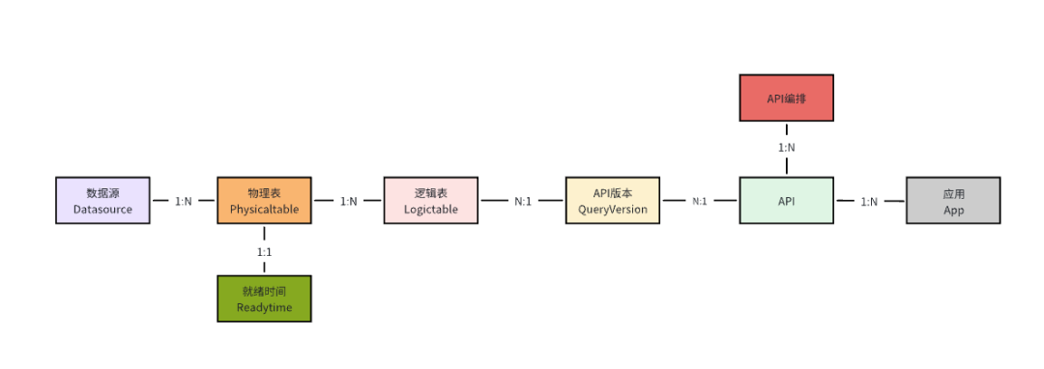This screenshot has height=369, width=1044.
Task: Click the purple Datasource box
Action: pos(102,201)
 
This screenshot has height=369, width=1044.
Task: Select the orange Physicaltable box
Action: pos(264,201)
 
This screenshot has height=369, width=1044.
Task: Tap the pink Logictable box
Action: pos(430,201)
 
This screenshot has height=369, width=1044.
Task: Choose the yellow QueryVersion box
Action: pos(612,201)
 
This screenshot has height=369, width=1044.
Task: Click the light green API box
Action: pos(786,201)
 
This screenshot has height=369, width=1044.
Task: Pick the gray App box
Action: pos(953,201)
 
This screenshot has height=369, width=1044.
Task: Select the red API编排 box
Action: pos(786,99)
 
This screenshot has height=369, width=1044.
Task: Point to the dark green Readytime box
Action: pos(264,298)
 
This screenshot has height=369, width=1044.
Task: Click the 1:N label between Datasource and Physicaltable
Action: pos(183,202)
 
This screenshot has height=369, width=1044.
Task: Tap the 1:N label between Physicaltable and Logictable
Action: pos(348,202)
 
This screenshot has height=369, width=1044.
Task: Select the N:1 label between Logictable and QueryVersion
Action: pos(523,202)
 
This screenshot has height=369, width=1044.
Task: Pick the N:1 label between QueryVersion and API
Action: pos(700,202)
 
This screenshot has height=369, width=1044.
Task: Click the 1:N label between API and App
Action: pos(869,202)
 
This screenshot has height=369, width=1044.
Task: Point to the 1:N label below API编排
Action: pos(787,148)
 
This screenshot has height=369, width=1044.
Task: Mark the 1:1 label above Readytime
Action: pos(265,251)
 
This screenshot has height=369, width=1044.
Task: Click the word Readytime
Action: pos(264,308)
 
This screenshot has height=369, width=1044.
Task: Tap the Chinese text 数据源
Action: pos(102,193)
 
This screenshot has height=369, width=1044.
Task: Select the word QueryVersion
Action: pos(612,210)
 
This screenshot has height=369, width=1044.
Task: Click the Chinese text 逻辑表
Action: pos(430,193)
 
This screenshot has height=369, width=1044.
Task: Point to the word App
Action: pos(953,210)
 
